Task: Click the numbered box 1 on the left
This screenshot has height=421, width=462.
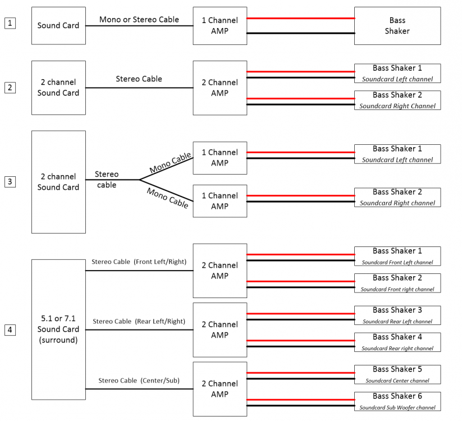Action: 10,23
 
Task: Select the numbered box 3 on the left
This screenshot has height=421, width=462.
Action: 10,182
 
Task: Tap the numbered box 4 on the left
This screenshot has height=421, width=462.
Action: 10,330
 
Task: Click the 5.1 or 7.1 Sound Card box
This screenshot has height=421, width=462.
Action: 58,330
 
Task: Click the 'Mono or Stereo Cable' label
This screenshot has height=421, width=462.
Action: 139,20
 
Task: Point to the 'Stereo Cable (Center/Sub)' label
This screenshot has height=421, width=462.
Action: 139,381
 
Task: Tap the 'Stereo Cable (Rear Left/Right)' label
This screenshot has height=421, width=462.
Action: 139,322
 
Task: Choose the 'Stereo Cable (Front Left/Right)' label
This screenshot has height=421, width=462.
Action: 139,262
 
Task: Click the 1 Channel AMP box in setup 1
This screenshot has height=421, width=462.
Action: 219,26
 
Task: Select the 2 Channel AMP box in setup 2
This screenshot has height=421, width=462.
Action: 219,88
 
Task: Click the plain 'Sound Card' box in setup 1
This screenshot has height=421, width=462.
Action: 58,26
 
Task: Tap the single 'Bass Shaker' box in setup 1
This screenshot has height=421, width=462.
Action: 397,26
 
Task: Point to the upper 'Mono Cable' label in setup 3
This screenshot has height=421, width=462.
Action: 170,163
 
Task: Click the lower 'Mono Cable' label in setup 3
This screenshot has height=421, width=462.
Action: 167,198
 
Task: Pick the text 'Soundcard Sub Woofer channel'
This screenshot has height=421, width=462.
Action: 397,408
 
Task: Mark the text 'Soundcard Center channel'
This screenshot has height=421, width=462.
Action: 397,381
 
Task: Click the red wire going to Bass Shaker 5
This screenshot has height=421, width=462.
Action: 300,373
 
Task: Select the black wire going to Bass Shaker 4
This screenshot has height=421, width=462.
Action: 300,346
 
